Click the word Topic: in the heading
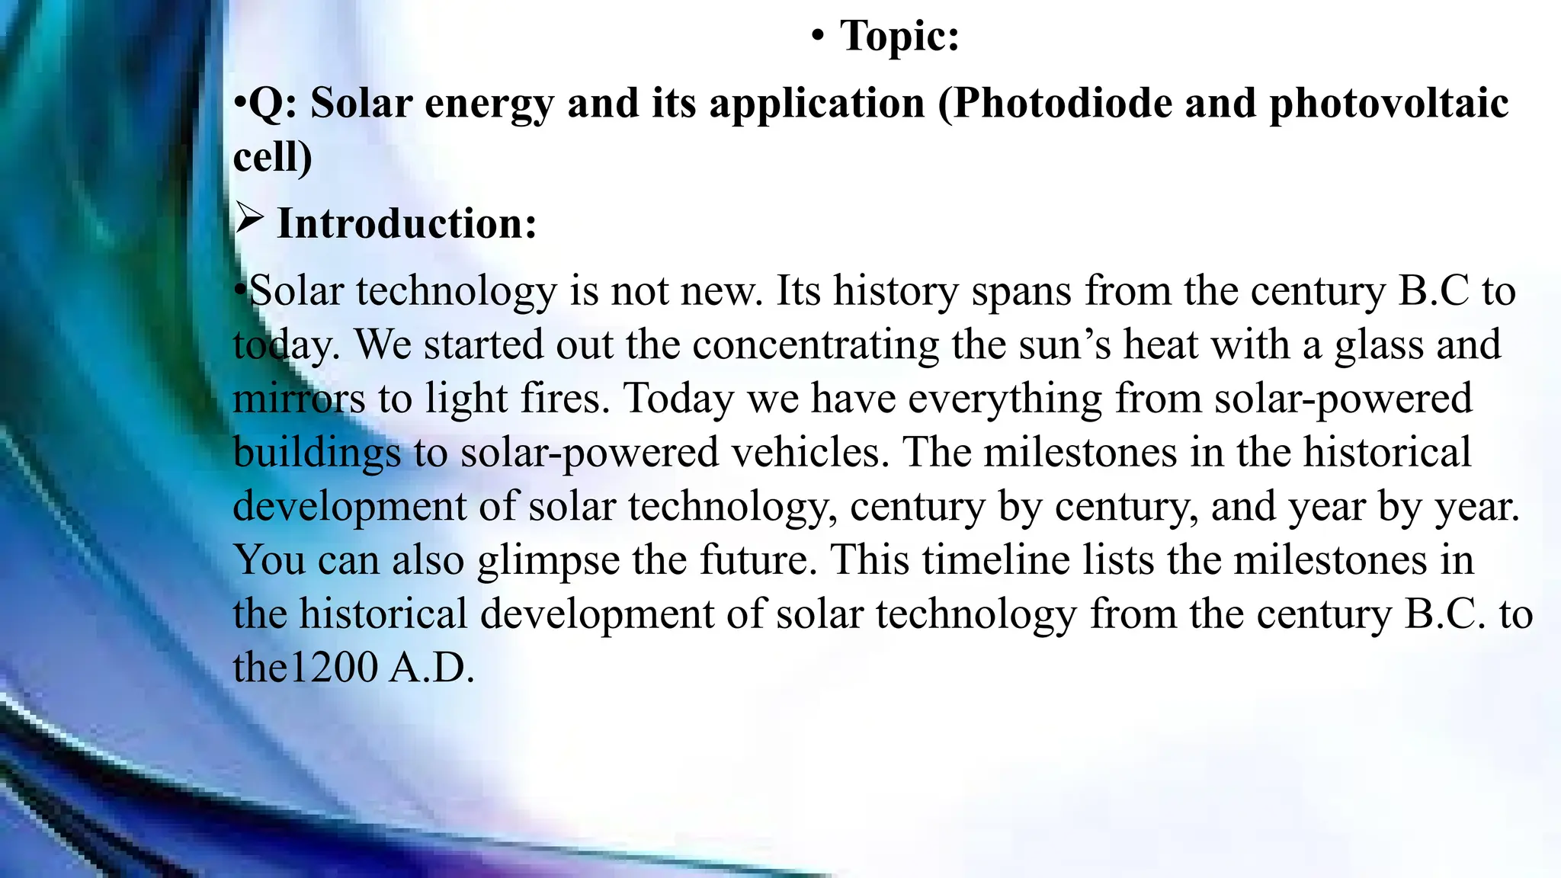(899, 36)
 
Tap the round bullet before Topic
(818, 37)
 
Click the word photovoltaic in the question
(1388, 103)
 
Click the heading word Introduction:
(407, 223)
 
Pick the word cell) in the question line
(272, 156)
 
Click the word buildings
(316, 453)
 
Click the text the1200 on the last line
(305, 668)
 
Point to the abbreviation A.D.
(431, 668)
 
